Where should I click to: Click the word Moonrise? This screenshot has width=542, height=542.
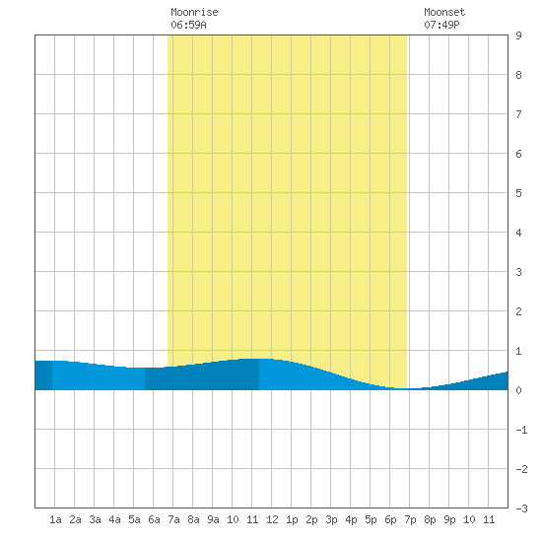tap(194, 12)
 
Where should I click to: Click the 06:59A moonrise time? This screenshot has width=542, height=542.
tap(188, 25)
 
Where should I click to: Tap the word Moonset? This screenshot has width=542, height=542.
tap(444, 12)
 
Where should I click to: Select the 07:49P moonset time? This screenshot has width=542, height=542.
tap(441, 25)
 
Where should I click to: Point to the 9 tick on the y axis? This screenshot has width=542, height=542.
tap(518, 35)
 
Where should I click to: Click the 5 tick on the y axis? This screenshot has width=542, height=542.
tap(518, 193)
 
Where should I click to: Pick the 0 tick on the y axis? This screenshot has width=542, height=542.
tap(518, 390)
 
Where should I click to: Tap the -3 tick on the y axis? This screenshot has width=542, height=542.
tap(521, 508)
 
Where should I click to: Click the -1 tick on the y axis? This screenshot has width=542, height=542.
tap(521, 430)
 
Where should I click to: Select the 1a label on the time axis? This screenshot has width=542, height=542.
tap(55, 519)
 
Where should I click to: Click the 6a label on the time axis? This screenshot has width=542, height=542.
tap(154, 519)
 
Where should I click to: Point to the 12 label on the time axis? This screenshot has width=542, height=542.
tap(272, 519)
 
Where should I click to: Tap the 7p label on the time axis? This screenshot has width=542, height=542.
tap(410, 519)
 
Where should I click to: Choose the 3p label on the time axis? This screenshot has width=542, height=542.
tap(331, 519)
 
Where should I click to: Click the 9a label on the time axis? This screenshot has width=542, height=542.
tap(213, 519)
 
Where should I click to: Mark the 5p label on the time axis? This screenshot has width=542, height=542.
tap(371, 519)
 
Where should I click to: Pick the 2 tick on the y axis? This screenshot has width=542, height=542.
tap(518, 311)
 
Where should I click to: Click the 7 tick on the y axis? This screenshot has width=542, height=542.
tap(518, 114)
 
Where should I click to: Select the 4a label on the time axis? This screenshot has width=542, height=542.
tap(114, 519)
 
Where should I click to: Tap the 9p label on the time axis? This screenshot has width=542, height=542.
tap(449, 519)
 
